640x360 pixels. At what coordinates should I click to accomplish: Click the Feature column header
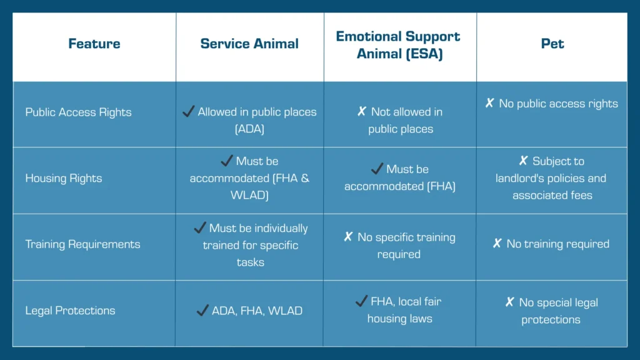(94, 44)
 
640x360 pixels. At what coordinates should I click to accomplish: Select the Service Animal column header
(249, 44)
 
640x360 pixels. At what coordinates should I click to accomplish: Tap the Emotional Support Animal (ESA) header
(398, 45)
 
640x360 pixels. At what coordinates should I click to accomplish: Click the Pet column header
(552, 44)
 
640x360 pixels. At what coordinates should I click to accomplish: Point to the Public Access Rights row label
(78, 112)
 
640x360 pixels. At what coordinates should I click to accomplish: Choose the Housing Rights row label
(64, 178)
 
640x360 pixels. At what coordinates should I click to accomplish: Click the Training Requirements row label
(83, 244)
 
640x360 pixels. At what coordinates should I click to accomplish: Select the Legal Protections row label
(70, 311)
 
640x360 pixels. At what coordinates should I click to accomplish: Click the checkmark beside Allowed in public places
(188, 111)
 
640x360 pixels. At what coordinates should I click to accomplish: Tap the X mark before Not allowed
(362, 111)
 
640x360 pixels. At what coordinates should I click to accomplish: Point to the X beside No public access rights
(489, 103)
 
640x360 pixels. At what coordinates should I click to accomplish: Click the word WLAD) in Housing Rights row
(249, 195)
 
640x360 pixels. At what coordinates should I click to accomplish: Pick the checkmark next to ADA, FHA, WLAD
(202, 310)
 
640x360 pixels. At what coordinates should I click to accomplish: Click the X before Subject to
(523, 161)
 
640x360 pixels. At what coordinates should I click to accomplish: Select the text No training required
(558, 244)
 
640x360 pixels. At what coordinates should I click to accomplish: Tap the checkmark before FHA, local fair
(361, 301)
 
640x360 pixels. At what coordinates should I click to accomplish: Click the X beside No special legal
(510, 302)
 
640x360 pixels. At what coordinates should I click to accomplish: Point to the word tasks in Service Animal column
(250, 262)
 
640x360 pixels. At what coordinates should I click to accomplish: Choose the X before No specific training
(348, 237)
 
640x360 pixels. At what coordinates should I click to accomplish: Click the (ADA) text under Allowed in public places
(249, 129)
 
